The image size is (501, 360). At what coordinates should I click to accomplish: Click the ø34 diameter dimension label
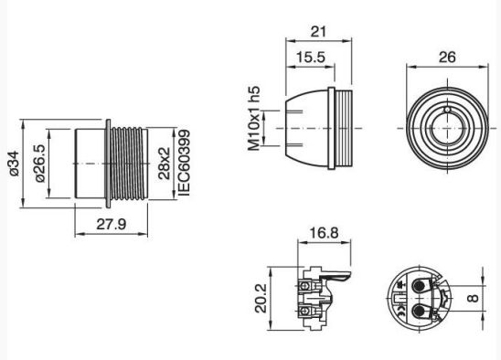(x=15, y=164)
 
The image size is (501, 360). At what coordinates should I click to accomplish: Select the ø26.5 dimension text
(x=40, y=164)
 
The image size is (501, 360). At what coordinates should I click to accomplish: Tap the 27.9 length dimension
(x=112, y=224)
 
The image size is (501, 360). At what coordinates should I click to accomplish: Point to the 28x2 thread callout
(x=165, y=164)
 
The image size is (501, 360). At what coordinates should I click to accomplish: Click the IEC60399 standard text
(x=185, y=163)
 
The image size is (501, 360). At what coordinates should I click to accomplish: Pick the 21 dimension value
(x=318, y=32)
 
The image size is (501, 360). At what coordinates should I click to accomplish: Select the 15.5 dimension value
(x=310, y=58)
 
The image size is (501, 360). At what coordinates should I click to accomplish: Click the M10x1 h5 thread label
(x=254, y=119)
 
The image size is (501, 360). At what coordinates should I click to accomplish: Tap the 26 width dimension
(x=447, y=58)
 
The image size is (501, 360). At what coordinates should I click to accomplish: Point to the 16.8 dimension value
(x=324, y=233)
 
